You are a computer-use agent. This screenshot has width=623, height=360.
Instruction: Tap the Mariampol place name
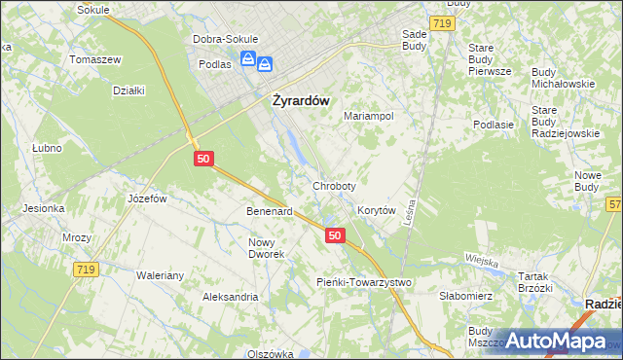(369, 116)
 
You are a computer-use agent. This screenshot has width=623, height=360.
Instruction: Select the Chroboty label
(334, 185)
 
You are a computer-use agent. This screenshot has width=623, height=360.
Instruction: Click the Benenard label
(270, 210)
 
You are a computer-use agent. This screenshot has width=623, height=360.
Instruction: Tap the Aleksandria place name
(230, 296)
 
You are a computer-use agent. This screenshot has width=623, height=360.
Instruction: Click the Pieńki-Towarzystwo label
(365, 282)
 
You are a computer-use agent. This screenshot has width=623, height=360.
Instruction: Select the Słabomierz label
(468, 296)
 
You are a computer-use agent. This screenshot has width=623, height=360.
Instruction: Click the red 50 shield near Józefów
(202, 158)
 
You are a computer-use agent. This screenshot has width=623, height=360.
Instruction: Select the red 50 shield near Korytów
(335, 235)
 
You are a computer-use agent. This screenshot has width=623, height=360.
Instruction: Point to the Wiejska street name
(482, 261)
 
